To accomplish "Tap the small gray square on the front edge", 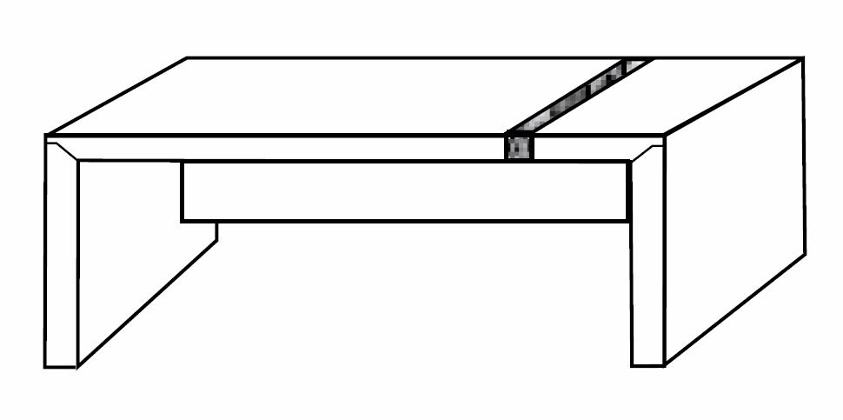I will tap(519, 147).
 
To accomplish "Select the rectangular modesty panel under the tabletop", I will tap(404, 191).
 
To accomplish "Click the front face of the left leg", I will tap(61, 261).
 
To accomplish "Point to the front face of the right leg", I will tap(647, 261).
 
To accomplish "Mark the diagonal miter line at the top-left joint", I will tap(63, 150).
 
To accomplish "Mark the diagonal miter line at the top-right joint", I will tap(647, 150).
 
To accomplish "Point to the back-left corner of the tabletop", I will tap(188, 58).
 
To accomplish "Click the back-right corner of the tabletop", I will tap(801, 59).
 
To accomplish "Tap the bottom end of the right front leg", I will tap(647, 364).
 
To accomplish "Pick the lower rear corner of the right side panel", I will tap(805, 254).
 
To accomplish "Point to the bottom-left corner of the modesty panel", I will tap(182, 222).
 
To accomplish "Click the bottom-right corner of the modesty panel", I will tap(628, 221).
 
